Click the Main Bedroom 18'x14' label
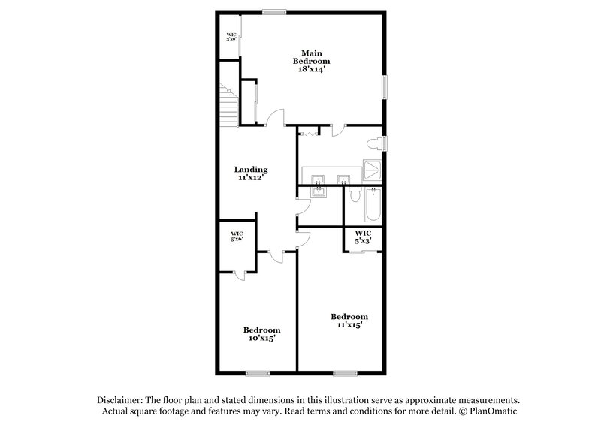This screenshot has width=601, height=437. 312,60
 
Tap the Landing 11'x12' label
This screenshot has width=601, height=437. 251,174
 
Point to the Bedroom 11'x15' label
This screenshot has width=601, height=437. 349,321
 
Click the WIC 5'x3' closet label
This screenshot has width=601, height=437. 364,237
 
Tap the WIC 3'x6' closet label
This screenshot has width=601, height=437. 231,36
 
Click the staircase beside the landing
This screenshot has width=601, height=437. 228,104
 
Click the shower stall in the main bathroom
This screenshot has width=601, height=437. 372,170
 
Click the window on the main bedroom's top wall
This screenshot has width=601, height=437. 274,11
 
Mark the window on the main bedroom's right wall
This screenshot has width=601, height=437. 384,87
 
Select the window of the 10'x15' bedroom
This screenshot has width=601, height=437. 258,372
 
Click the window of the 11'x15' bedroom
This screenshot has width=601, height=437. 345,372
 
